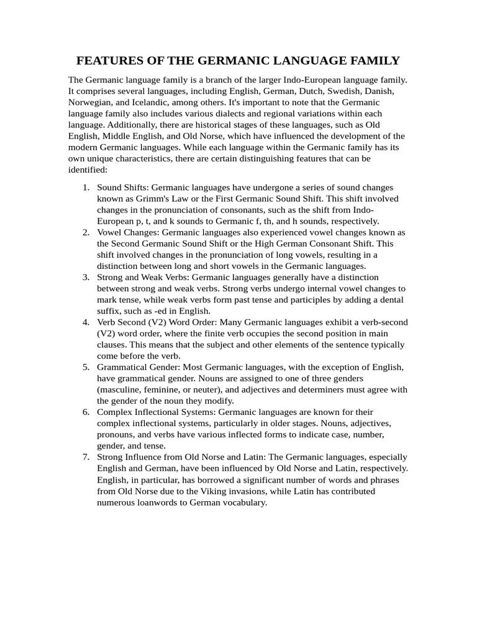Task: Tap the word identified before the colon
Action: (x=88, y=169)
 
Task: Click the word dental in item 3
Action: (x=391, y=299)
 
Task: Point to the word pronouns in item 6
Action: (x=116, y=434)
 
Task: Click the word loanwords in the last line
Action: (x=158, y=502)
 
